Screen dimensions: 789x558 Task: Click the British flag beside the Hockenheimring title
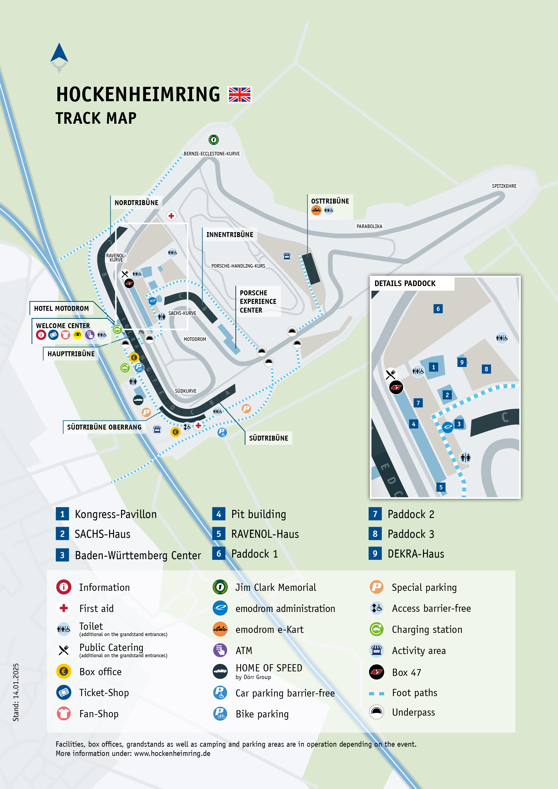tap(240, 94)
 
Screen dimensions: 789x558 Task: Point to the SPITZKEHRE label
tap(504, 186)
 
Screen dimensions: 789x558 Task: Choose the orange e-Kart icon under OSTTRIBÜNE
tap(316, 210)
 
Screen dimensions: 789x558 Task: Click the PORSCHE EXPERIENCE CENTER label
tap(258, 301)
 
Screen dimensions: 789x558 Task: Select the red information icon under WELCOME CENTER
tap(41, 335)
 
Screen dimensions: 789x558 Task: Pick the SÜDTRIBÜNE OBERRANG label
tap(104, 427)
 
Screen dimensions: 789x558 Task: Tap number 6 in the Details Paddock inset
tap(438, 309)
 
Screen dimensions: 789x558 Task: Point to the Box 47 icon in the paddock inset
tap(396, 387)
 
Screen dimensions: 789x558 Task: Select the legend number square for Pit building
tap(219, 514)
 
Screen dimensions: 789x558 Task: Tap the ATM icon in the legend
tap(220, 650)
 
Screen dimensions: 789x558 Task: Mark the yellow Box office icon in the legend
tap(64, 671)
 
